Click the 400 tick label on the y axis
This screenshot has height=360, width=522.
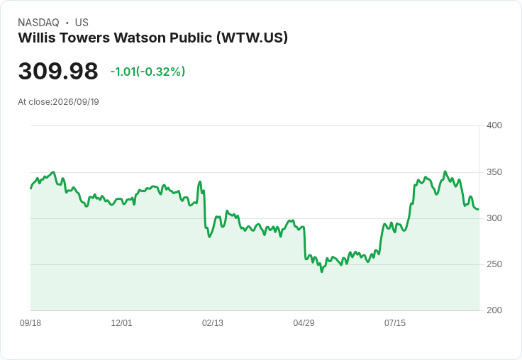coord(494,125)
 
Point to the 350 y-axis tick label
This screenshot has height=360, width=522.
coord(494,172)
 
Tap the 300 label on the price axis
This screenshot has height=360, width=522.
coord(494,218)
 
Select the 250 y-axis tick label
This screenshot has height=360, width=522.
coord(494,264)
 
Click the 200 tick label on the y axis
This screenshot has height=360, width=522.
coord(494,310)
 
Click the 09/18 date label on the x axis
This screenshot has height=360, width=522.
coord(30,323)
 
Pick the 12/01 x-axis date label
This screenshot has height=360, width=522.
coord(121,323)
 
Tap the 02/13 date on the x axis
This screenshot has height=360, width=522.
coord(212,323)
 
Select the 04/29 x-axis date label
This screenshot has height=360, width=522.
coord(304,323)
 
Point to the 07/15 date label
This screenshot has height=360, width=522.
coord(395,323)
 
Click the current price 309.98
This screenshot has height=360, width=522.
coord(58,71)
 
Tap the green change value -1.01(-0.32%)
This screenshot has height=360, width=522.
coord(148,72)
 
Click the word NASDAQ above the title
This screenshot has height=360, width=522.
coord(38,23)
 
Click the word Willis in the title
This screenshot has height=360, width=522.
coord(37,38)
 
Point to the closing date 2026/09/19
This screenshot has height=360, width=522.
coord(76,102)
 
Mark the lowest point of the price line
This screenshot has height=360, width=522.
coord(321,272)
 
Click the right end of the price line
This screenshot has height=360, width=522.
coord(479,209)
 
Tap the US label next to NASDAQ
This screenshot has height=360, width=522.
coord(82,23)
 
